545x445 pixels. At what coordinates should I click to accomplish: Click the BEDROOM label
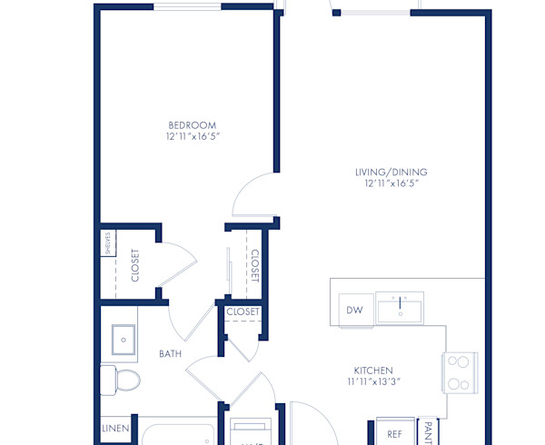point(193,124)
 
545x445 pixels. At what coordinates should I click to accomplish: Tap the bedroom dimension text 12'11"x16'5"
point(193,136)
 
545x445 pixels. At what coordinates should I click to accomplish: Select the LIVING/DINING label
point(391,172)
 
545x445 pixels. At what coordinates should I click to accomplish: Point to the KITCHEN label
point(372,371)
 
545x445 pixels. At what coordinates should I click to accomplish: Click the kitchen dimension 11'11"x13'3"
point(372,382)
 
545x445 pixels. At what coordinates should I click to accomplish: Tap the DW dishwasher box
point(354,311)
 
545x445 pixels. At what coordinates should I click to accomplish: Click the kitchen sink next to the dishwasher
point(400,309)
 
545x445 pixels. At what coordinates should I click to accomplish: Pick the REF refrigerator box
point(394,434)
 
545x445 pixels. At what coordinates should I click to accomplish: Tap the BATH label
point(170,353)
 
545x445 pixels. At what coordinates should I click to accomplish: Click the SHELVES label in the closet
point(106,243)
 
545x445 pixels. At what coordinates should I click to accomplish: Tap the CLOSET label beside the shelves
point(135,265)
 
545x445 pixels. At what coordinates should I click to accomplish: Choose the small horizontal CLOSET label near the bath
point(243,311)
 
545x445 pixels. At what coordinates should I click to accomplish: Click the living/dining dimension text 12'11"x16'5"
point(391,183)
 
